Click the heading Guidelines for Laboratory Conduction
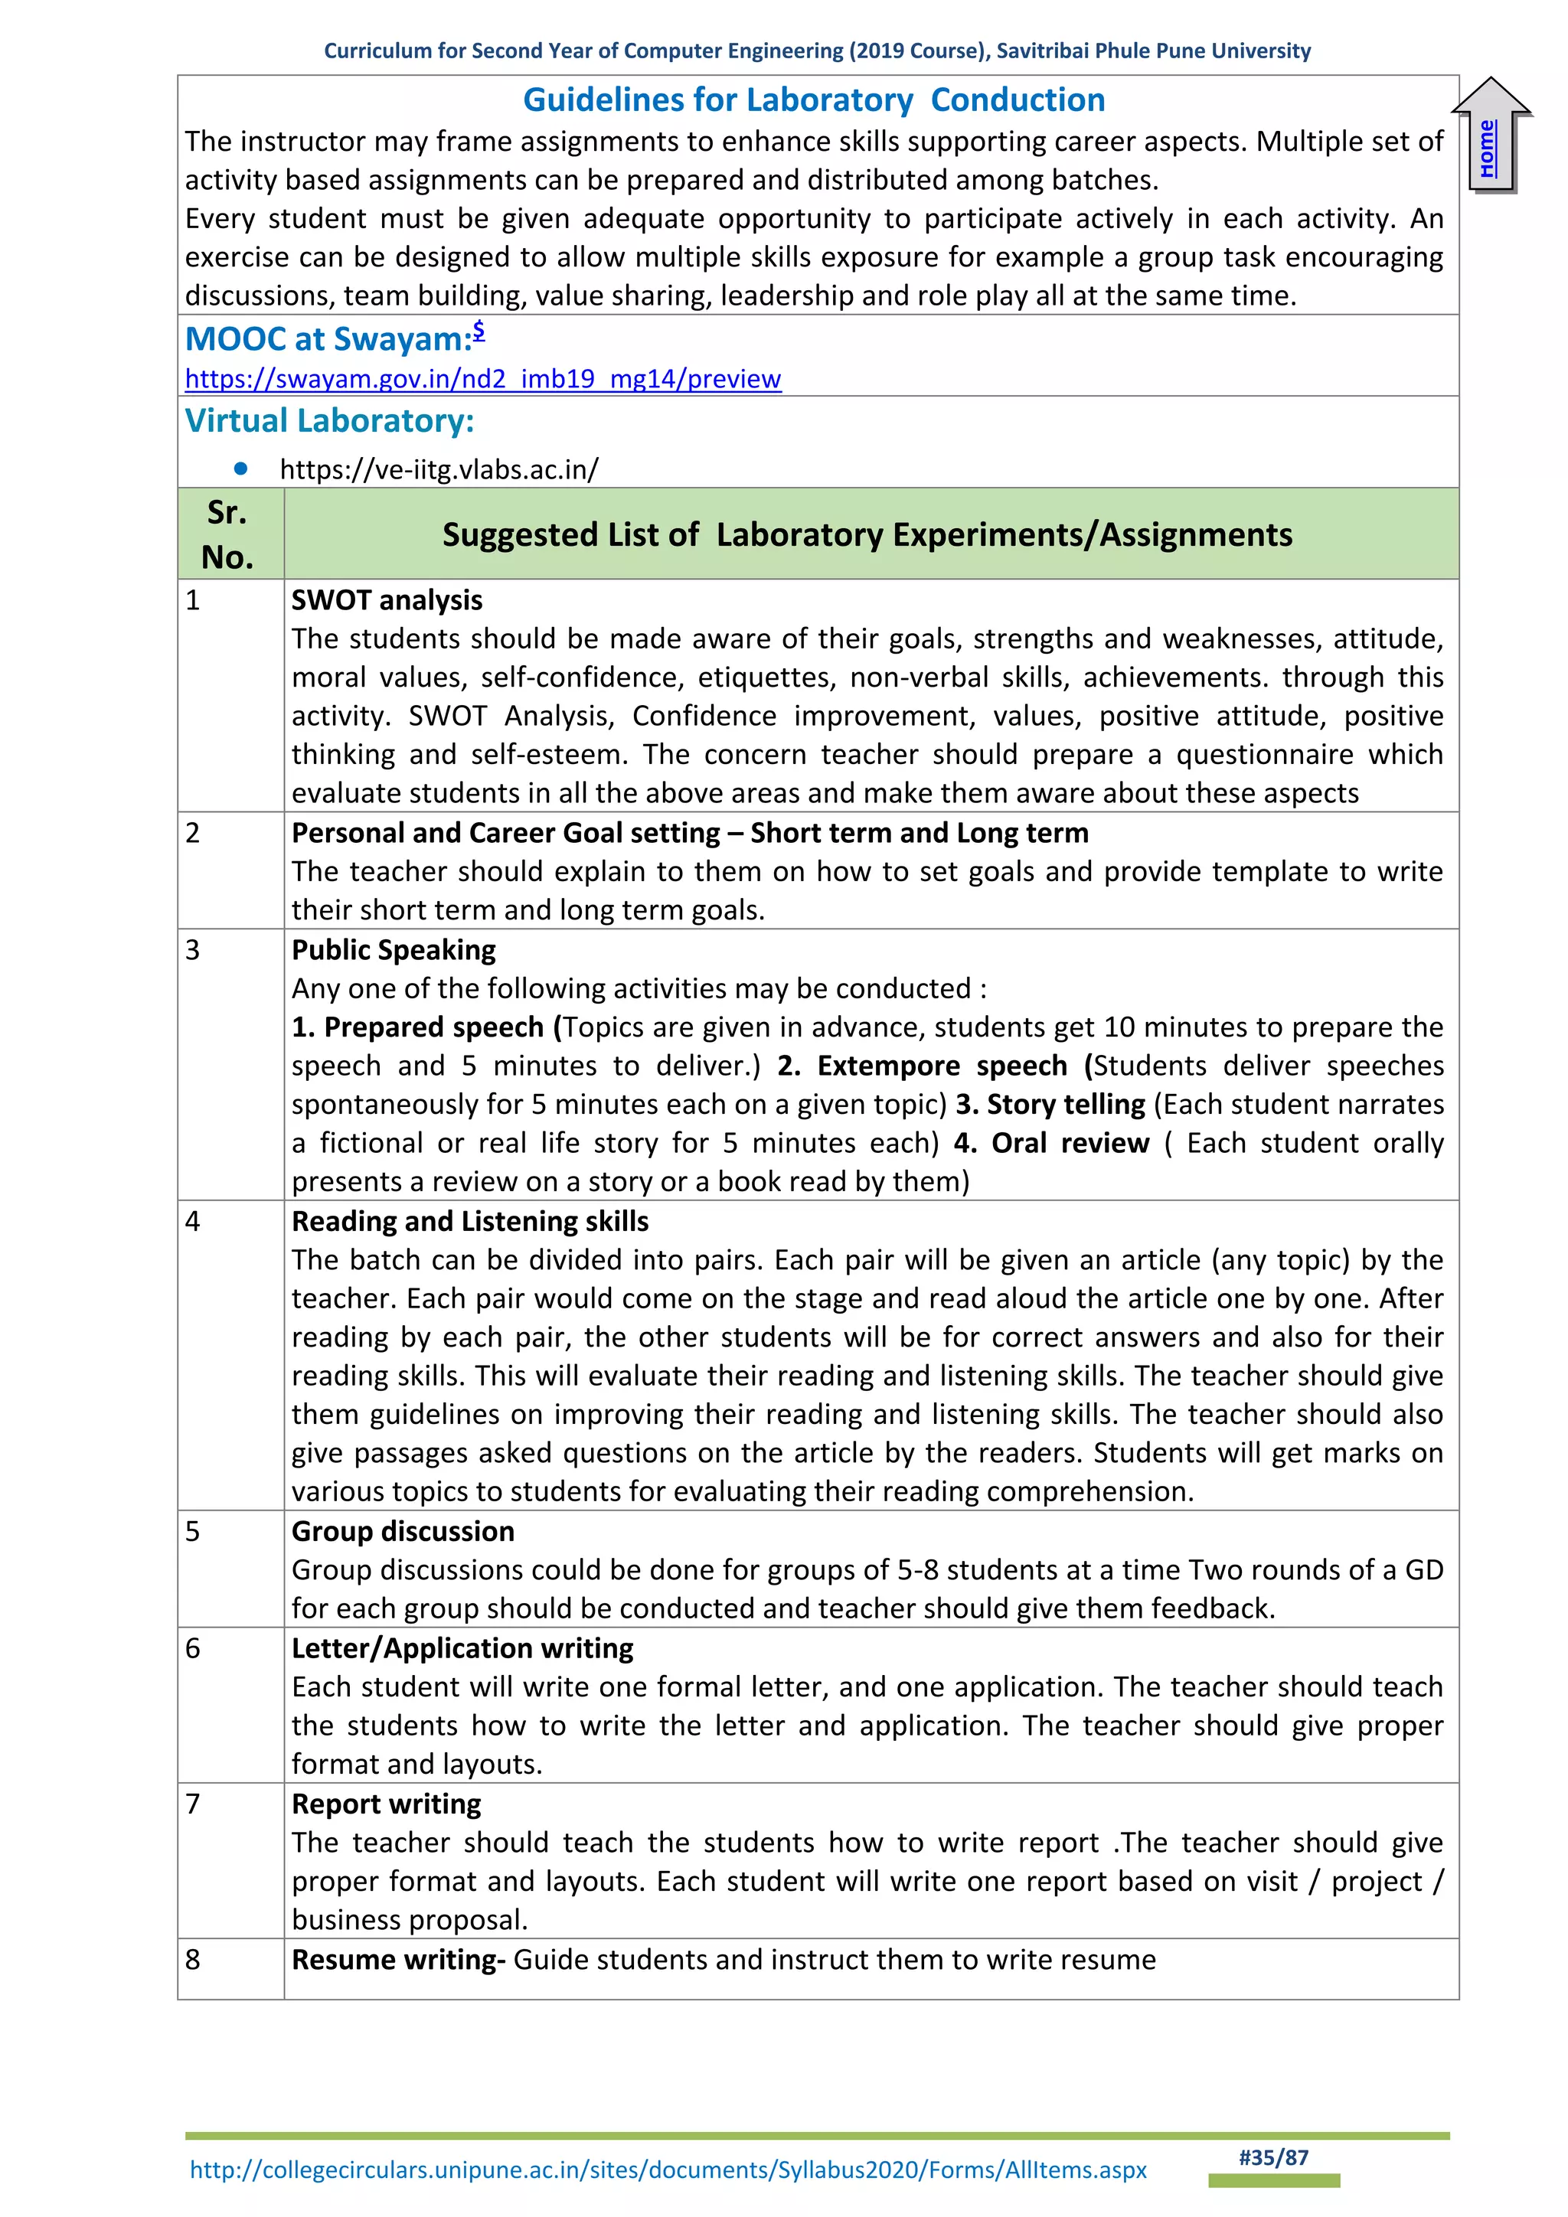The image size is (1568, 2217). [814, 100]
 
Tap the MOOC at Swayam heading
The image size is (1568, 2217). [328, 339]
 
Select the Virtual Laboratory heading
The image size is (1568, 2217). [329, 421]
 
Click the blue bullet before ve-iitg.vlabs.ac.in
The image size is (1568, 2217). [240, 469]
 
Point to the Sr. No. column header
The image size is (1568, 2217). [228, 534]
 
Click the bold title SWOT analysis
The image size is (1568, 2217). [386, 601]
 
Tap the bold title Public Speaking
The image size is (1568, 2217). [393, 950]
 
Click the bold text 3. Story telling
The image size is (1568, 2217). [1050, 1105]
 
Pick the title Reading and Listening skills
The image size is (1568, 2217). [469, 1222]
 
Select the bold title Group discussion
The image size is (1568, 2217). [403, 1531]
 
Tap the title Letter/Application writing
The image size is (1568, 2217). [462, 1648]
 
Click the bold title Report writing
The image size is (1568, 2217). [386, 1804]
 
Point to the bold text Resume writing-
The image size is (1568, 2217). [398, 1959]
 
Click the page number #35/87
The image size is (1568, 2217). [1272, 2157]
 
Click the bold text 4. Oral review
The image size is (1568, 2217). [1050, 1143]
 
